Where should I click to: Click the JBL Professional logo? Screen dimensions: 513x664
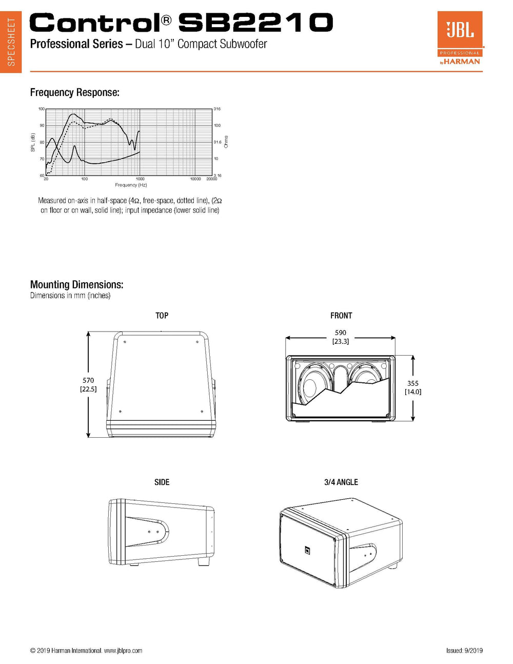(x=460, y=38)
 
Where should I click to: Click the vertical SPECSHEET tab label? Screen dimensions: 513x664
(x=11, y=42)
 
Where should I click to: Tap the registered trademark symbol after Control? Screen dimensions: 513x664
(x=166, y=20)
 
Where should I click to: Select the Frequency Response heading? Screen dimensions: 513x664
(x=75, y=92)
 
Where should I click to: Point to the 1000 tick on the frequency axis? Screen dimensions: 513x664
(x=140, y=179)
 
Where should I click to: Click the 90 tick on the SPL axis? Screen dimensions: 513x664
(x=42, y=125)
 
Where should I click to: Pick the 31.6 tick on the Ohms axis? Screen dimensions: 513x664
(x=218, y=142)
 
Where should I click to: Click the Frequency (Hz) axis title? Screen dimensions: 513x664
(x=131, y=185)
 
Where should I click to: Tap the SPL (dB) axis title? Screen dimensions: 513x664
(x=33, y=142)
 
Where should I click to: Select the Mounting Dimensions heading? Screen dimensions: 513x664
(x=76, y=285)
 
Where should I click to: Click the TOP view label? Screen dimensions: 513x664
(x=162, y=316)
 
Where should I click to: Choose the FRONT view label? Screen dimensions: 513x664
(x=341, y=316)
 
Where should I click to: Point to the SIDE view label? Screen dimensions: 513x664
(x=162, y=482)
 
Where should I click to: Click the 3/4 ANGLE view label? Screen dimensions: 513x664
(x=341, y=482)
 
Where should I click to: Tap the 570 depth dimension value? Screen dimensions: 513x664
(x=88, y=380)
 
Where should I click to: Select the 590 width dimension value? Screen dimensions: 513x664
(x=341, y=333)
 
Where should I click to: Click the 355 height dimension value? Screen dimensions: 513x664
(x=413, y=383)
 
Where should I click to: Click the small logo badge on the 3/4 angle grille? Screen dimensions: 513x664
(x=307, y=550)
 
